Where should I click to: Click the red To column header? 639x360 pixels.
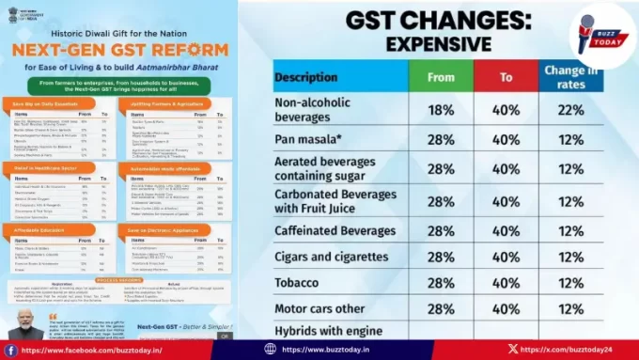(x=506, y=77)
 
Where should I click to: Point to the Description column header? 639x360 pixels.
(x=312, y=77)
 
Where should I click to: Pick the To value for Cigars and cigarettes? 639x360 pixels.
(x=506, y=256)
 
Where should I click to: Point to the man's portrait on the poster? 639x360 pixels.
(x=23, y=321)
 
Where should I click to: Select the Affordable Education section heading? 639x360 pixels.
(x=40, y=228)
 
